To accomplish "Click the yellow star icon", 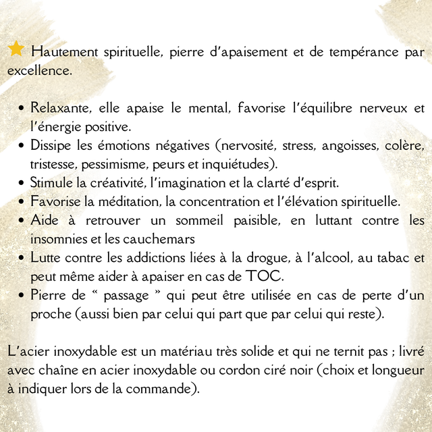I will point(16,49).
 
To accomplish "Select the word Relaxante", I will point(61,108).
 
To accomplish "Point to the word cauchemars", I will point(162,238).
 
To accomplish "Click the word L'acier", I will point(27,352).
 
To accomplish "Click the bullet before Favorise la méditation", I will point(23,202).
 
